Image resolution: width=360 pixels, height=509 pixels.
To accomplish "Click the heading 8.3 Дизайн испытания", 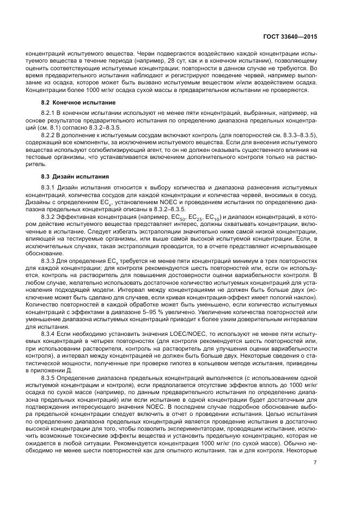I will (x=75, y=176).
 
